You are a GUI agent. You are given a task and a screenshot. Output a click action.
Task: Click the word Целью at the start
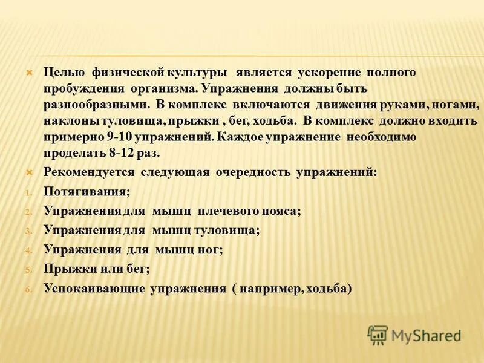63,73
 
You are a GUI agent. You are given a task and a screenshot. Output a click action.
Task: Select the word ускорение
329,73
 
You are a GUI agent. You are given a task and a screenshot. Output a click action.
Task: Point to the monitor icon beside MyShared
378,334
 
